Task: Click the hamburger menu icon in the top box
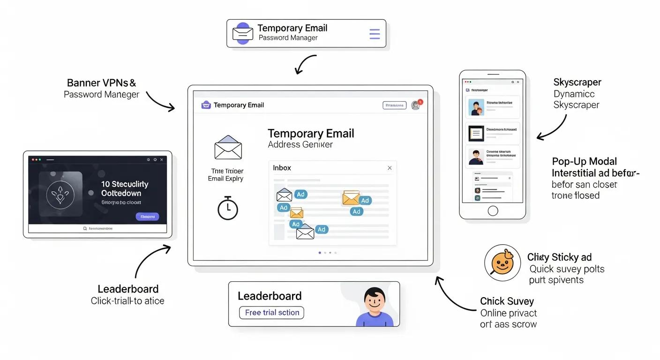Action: coord(375,34)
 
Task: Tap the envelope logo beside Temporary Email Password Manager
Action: coord(243,34)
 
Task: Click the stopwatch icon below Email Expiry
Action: coord(228,208)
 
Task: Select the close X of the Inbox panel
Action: coord(389,168)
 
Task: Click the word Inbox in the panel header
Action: coord(282,168)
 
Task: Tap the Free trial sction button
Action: coord(272,313)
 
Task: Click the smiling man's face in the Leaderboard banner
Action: coord(375,302)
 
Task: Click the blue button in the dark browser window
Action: coord(147,217)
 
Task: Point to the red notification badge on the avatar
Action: coord(420,102)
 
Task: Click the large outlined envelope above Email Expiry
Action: coord(228,148)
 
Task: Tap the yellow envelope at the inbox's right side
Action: coord(351,198)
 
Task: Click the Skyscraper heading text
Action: coord(577,82)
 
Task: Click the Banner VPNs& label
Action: coord(101,83)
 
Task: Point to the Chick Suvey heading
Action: coord(507,301)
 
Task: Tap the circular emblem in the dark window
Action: coord(60,193)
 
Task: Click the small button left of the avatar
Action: coord(394,105)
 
